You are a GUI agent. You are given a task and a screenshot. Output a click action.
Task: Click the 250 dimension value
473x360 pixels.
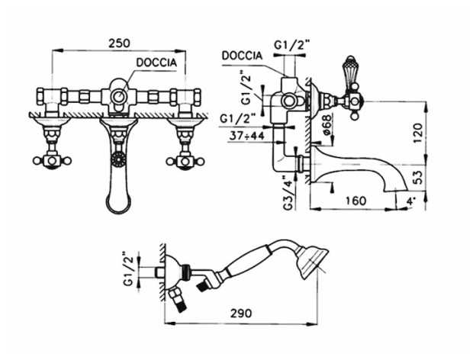coord(119,43)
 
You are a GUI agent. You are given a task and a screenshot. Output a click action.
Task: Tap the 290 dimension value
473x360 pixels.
coord(241,313)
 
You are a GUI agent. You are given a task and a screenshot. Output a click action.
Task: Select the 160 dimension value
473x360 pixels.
coord(356,201)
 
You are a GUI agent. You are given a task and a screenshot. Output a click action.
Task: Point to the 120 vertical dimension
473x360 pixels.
coord(418,133)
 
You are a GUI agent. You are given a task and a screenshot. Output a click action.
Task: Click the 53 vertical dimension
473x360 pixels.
coord(418,178)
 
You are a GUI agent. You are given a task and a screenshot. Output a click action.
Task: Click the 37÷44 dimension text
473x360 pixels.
coord(246,136)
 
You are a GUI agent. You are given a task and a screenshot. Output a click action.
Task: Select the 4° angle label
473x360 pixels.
coord(411,201)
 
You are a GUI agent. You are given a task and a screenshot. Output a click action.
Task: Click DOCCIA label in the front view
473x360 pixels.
coord(156,63)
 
